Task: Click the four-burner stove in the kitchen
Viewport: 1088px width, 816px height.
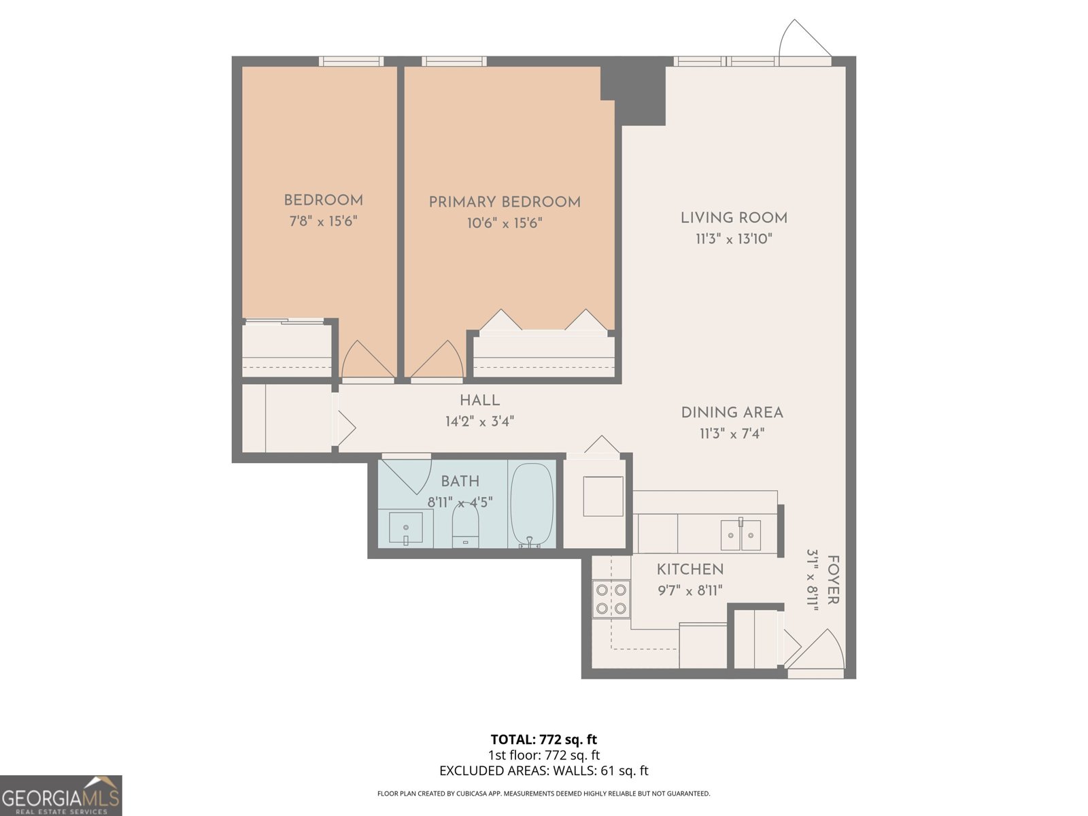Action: [x=611, y=598]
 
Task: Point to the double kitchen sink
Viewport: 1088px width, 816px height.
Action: [x=741, y=534]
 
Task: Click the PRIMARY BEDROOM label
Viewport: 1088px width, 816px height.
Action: [x=505, y=202]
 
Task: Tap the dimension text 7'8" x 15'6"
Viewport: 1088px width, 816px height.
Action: [x=324, y=221]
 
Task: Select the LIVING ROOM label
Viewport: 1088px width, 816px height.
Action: [x=734, y=218]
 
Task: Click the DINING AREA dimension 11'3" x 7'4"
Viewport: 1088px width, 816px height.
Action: [x=732, y=433]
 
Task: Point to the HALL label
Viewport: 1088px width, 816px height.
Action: [x=479, y=401]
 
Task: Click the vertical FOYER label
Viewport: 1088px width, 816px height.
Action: [x=833, y=580]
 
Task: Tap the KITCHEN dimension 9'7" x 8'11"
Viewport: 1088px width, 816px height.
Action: [x=690, y=590]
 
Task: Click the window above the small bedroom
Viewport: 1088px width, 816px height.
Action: [x=352, y=61]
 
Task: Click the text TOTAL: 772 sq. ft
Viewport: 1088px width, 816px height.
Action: [x=543, y=739]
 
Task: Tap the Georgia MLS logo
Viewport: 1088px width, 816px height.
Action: [x=61, y=796]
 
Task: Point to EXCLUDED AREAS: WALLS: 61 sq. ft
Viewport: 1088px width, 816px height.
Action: [x=543, y=770]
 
